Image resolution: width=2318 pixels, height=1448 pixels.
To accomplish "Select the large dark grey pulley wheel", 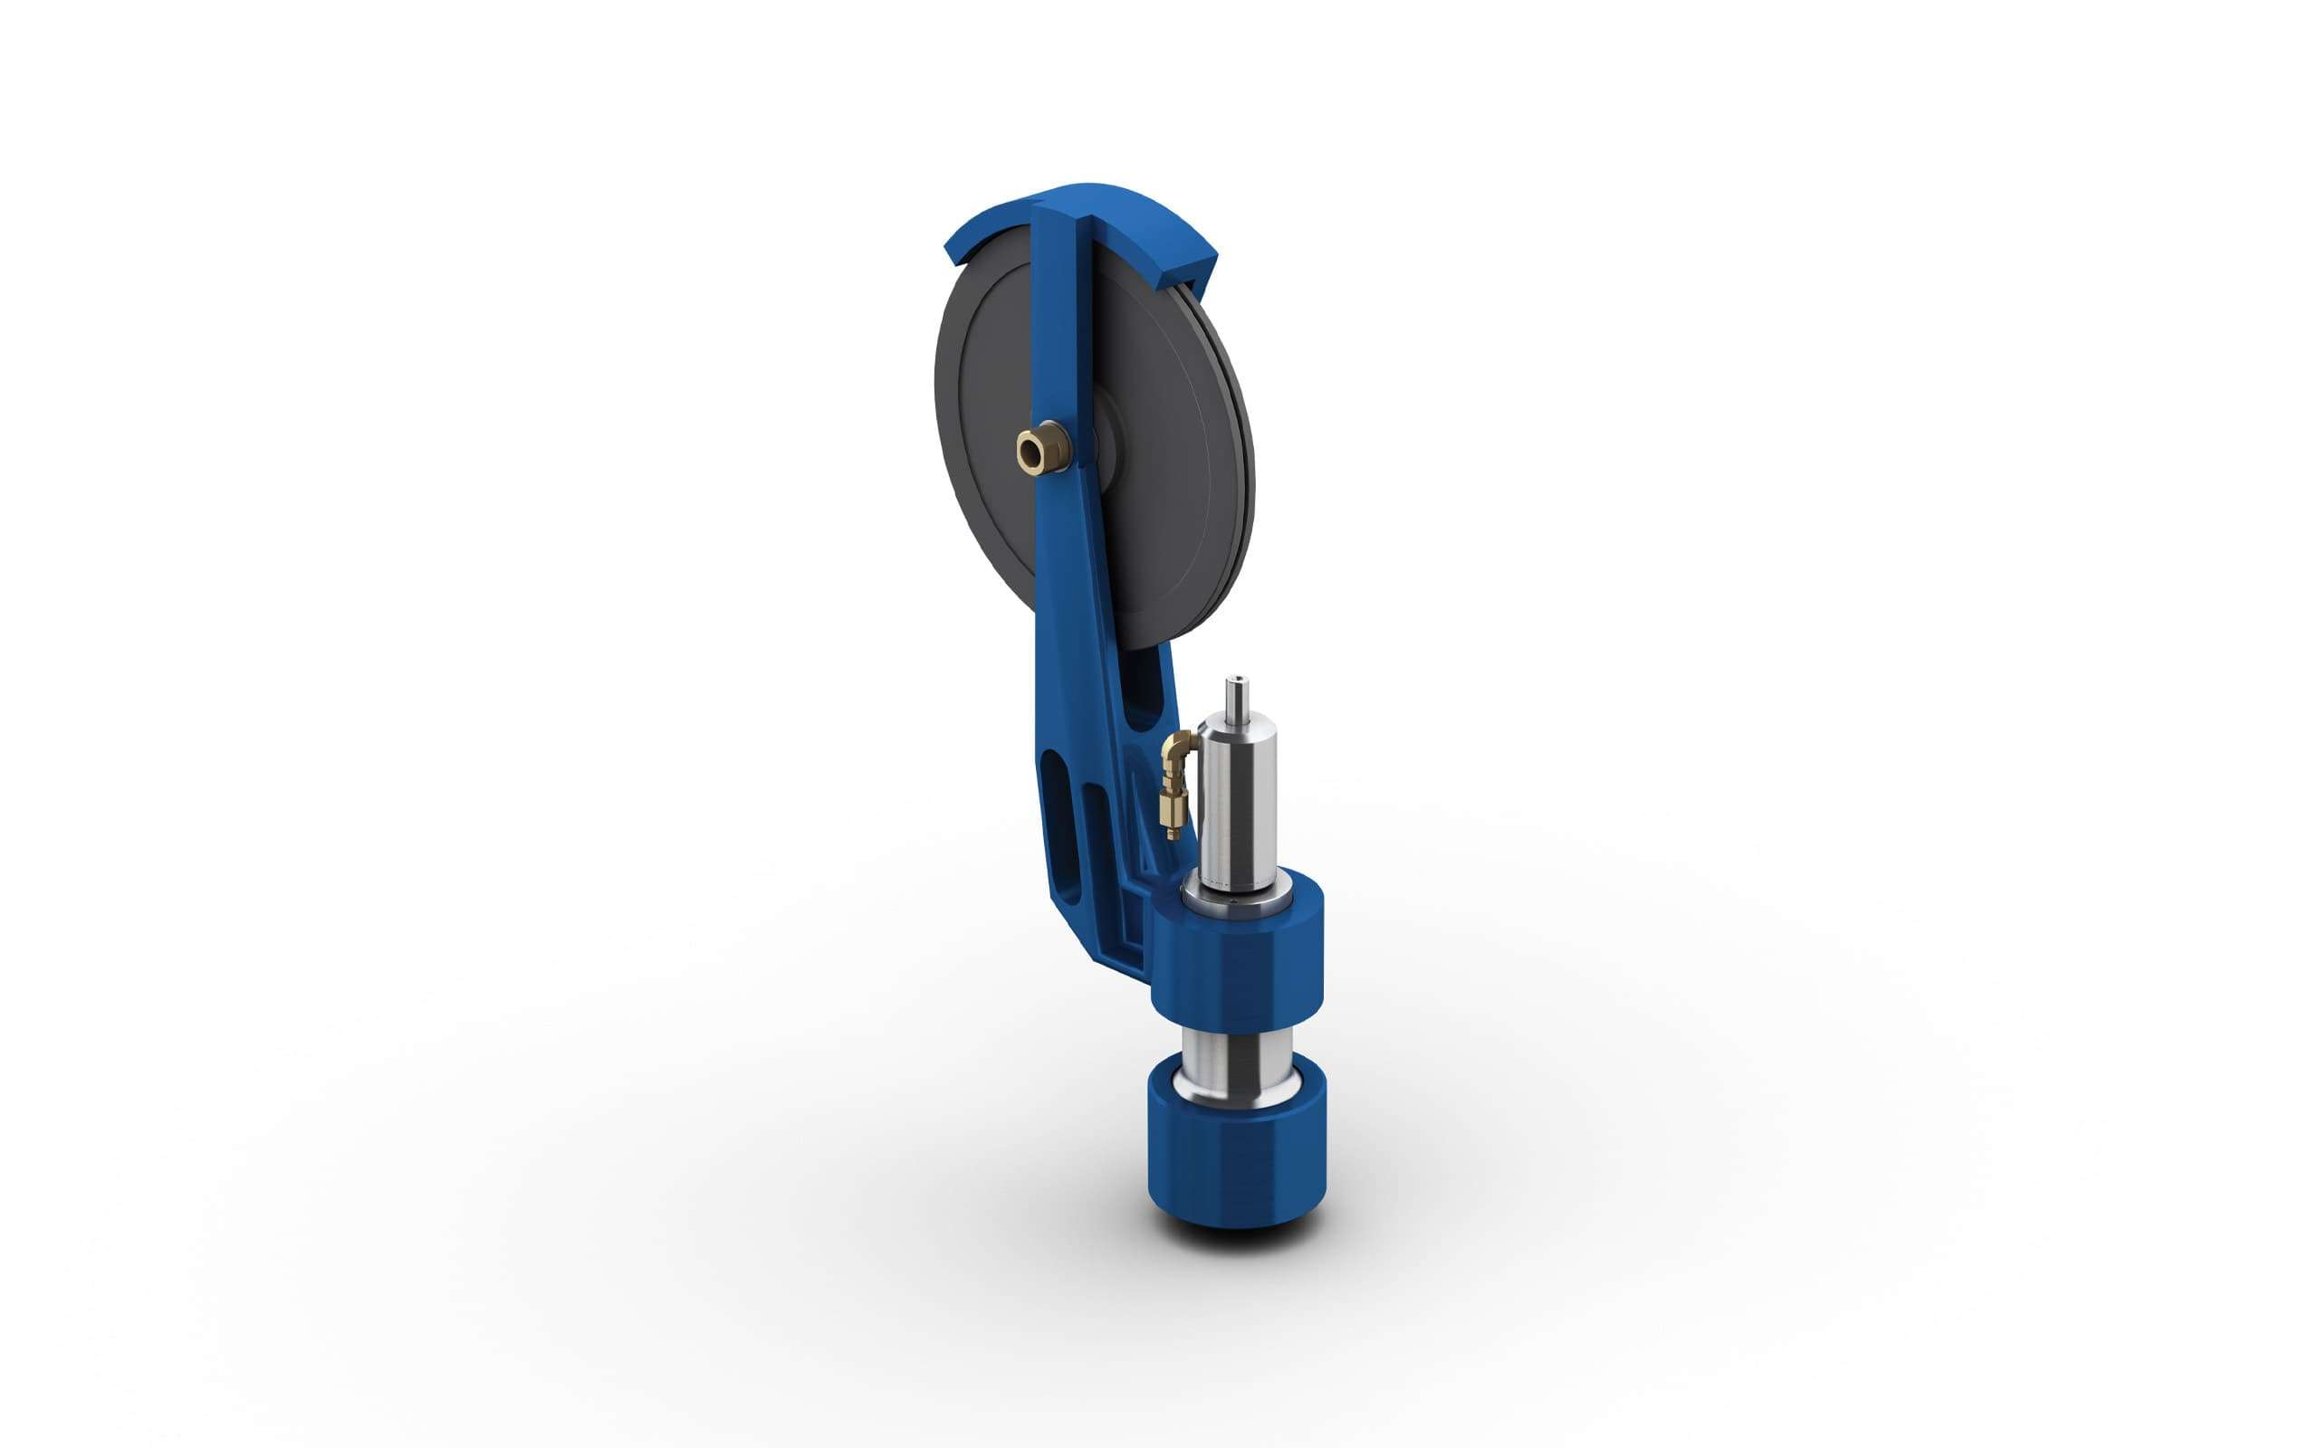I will (x=987, y=383).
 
